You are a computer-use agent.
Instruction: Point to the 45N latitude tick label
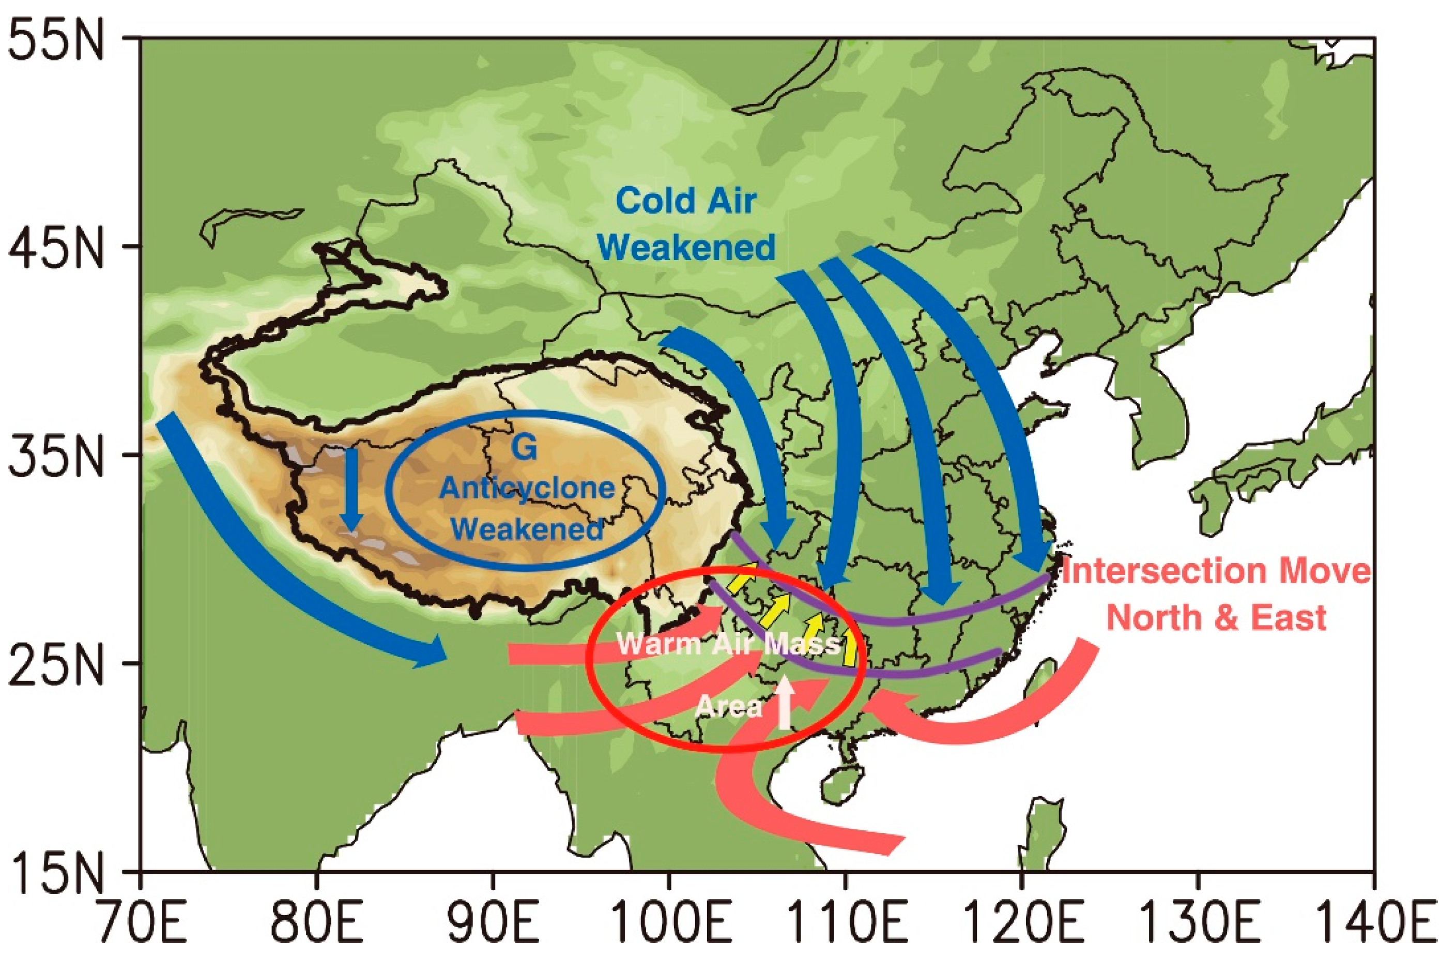[x=56, y=248]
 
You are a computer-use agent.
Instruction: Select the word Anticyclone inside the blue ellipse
[x=527, y=488]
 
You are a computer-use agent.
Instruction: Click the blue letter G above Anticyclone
[x=524, y=447]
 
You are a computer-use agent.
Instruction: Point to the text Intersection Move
[x=1216, y=571]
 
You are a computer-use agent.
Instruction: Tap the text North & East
[x=1216, y=618]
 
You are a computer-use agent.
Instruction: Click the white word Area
[x=729, y=707]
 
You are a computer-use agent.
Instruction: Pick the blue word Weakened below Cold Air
[x=686, y=247]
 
